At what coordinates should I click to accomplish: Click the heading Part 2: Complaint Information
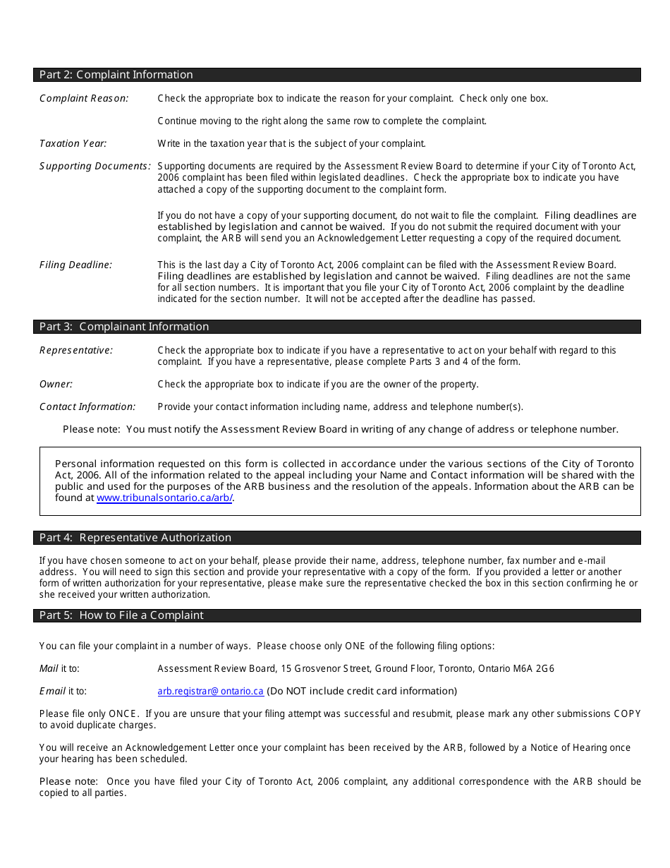pos(116,75)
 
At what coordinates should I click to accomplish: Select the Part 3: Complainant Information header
pos(124,327)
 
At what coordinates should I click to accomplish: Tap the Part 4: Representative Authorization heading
pos(135,538)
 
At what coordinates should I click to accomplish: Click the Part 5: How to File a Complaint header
pos(121,615)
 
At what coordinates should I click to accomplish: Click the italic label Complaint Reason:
pos(84,98)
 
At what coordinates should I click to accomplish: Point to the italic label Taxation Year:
pos(73,143)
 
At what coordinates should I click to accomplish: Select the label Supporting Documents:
pos(95,166)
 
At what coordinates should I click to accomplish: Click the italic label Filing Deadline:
pos(75,265)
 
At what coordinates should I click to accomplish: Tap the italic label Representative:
pos(76,350)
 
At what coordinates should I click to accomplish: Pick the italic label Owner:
pos(56,384)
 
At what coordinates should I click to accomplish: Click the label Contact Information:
pos(87,406)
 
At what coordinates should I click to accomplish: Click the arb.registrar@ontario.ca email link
pos(210,691)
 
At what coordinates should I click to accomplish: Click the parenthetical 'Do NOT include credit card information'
pos(362,691)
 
